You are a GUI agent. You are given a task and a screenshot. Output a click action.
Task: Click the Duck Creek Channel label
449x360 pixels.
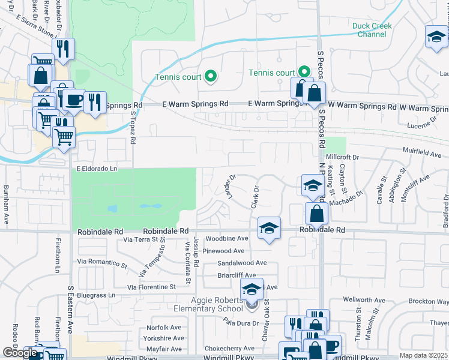372,30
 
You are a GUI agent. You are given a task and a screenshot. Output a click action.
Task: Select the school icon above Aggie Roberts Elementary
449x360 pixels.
252,290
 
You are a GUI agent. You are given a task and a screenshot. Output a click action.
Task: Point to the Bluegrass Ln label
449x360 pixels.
95,295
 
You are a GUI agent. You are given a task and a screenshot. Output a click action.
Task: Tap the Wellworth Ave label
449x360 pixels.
363,299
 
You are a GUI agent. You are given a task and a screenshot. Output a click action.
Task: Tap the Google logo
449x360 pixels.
19,353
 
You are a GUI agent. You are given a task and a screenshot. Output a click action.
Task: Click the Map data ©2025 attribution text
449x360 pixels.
423,355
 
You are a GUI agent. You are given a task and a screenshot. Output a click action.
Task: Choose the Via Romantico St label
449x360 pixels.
103,263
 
